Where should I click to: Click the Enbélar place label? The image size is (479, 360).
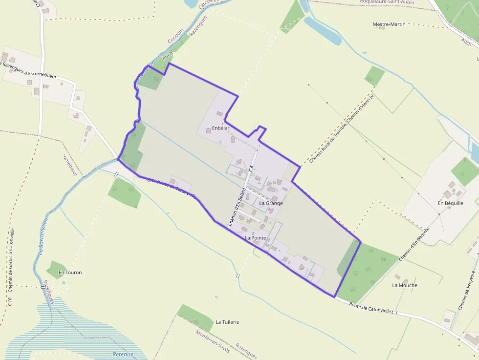[220, 128]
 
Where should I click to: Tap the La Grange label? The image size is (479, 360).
[271, 203]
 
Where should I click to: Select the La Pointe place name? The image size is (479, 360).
[255, 238]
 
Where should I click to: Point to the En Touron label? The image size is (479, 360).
[70, 272]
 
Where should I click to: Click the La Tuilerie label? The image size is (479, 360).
[227, 322]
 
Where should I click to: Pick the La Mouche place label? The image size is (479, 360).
[405, 285]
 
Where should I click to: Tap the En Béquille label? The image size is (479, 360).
[450, 203]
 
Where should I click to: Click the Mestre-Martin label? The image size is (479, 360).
[389, 24]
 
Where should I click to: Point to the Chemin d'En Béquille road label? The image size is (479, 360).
[415, 250]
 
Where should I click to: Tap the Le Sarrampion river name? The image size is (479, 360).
[43, 234]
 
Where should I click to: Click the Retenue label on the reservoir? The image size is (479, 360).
[123, 354]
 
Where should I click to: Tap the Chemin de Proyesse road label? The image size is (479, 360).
[466, 290]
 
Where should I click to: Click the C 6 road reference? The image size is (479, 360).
[251, 169]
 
